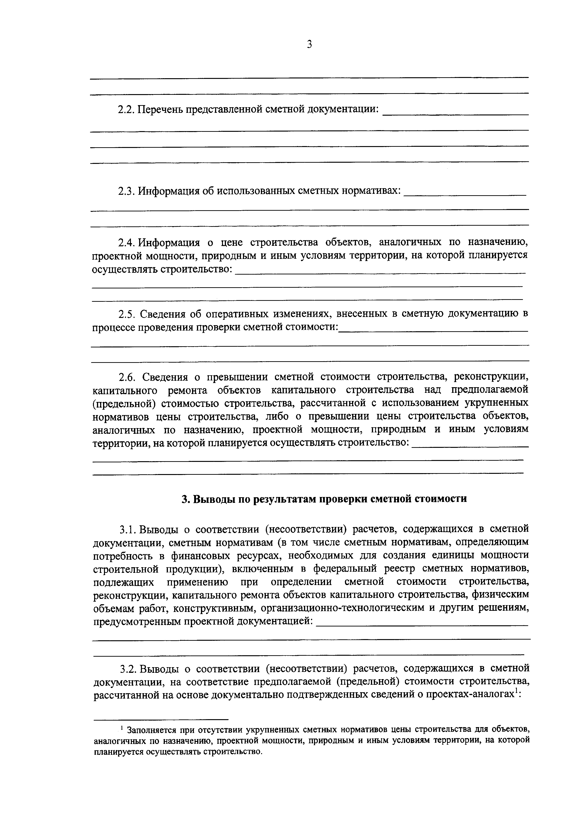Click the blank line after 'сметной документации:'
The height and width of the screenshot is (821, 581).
point(455,114)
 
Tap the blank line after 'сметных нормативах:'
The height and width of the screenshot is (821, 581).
point(464,195)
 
